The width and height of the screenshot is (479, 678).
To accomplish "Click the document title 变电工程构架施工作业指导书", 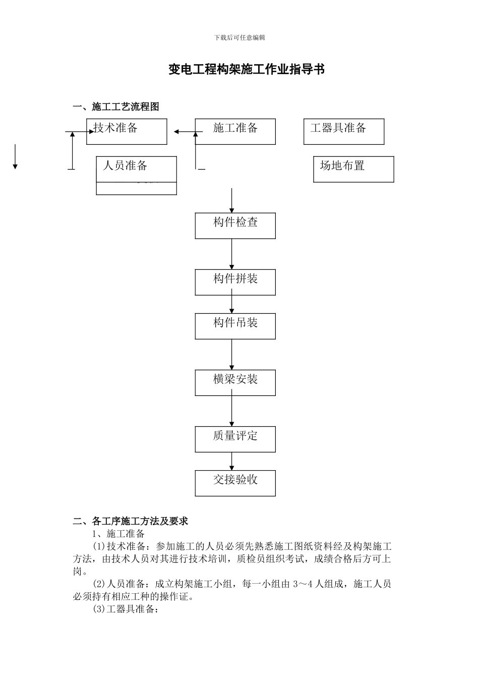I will (x=246, y=70).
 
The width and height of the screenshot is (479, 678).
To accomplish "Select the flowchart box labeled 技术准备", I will (x=126, y=132).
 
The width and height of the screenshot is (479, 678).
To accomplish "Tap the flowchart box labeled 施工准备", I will (x=235, y=132).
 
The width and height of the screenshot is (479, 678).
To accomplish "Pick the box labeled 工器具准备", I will (x=343, y=132).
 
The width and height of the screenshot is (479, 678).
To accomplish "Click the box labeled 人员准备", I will (x=136, y=169).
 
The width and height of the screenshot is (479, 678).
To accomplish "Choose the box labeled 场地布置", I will (x=353, y=169).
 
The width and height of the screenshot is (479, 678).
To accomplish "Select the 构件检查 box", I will (x=235, y=225).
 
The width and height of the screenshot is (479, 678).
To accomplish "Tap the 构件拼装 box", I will (x=235, y=282).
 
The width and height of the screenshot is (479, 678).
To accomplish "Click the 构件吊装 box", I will (x=235, y=326).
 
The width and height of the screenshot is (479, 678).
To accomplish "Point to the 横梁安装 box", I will (x=235, y=382).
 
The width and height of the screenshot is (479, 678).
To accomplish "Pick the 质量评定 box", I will (x=235, y=439).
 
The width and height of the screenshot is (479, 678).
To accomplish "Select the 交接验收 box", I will (x=235, y=483).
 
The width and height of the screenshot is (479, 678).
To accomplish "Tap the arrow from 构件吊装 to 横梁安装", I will (x=232, y=354).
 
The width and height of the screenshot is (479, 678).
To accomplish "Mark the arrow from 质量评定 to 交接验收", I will (x=232, y=461).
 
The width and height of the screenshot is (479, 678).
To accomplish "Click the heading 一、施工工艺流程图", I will (x=116, y=106).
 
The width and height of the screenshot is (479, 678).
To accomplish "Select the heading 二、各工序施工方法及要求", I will (x=131, y=521).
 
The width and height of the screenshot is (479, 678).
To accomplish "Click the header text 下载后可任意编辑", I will (x=239, y=38).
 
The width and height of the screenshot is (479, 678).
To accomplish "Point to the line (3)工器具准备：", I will (x=126, y=609).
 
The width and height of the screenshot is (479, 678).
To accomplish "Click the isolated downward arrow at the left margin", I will (x=15, y=157).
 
